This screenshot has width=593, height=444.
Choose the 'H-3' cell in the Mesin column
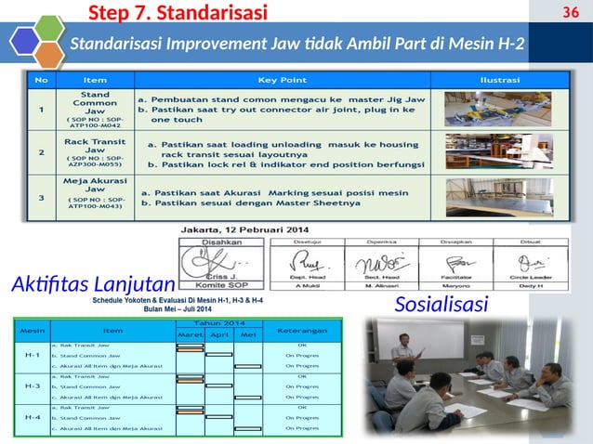33,385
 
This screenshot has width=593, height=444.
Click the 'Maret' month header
190,334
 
